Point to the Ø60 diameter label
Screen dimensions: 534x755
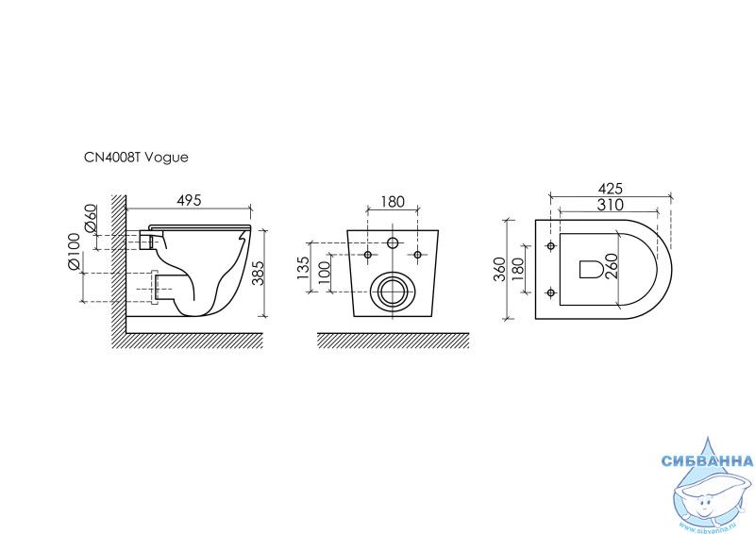pos(92,219)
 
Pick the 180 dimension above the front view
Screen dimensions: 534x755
pos(393,201)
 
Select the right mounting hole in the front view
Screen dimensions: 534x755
pos(417,254)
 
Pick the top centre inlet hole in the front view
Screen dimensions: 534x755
pos(393,243)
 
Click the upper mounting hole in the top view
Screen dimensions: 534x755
pos(550,247)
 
